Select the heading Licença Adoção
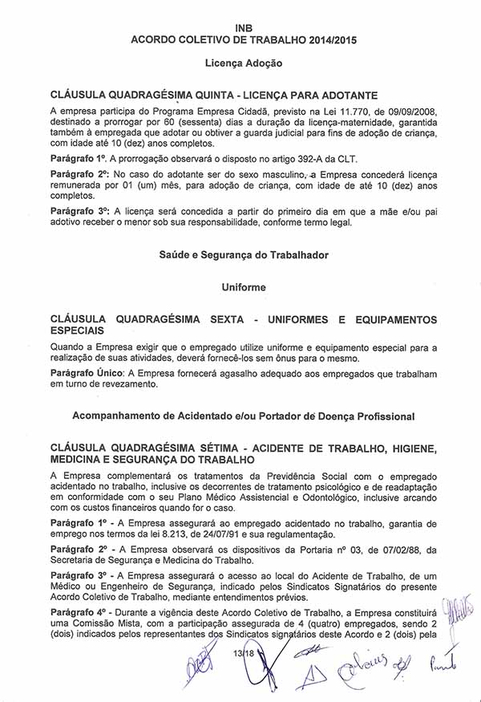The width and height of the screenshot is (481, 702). pos(240,62)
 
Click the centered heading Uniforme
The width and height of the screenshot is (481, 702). pos(240,285)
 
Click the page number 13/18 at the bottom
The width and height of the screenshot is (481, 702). pos(240,655)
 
